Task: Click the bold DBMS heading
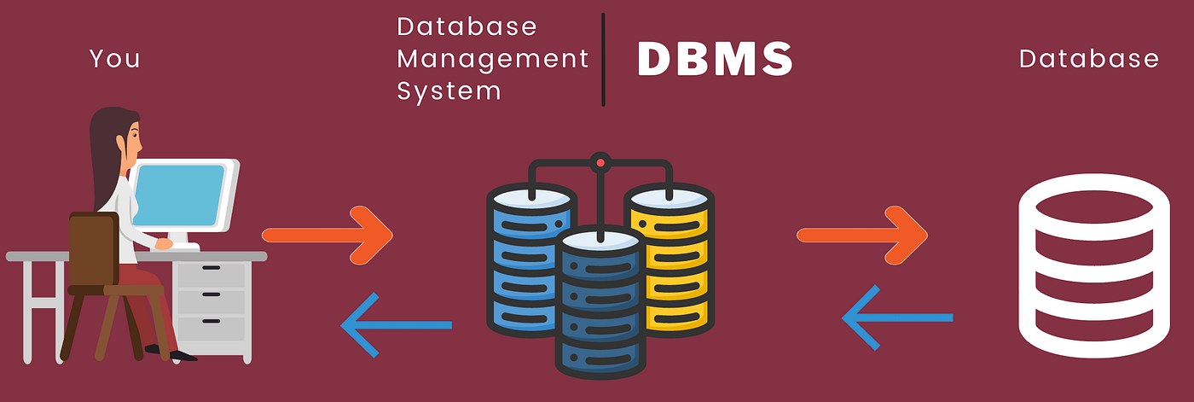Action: point(715,61)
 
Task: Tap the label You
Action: point(114,59)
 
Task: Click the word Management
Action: point(493,59)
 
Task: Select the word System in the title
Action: point(449,90)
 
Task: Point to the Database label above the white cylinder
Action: point(1089,59)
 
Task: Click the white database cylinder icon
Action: point(1094,265)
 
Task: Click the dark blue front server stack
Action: point(599,303)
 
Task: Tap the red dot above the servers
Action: point(600,162)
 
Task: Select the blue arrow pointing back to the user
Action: point(395,324)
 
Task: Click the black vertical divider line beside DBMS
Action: point(603,60)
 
